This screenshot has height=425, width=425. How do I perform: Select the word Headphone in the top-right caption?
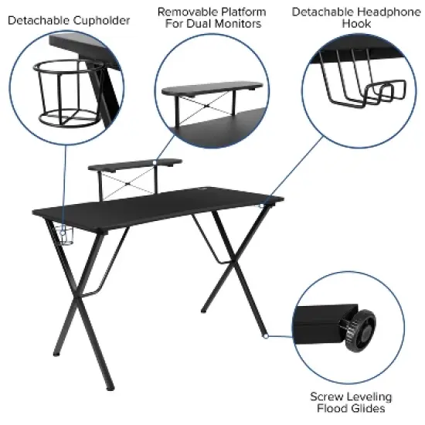pyautogui.click(x=383, y=12)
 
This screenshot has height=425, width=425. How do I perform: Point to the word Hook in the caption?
pyautogui.click(x=357, y=24)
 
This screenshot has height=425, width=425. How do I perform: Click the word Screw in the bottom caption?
pyautogui.click(x=326, y=397)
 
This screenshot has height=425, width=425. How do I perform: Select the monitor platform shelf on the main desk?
pyautogui.click(x=136, y=164)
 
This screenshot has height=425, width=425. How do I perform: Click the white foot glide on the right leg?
pyautogui.click(x=265, y=336)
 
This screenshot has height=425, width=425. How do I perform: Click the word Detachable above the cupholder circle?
pyautogui.click(x=37, y=19)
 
